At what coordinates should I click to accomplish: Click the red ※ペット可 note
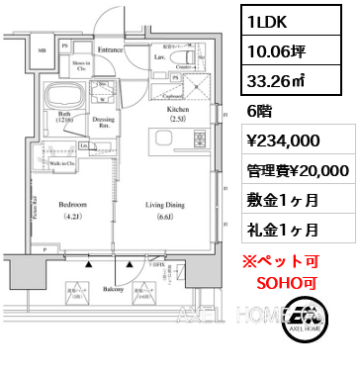pos(296,262)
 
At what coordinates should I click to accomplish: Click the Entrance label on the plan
pos(110,48)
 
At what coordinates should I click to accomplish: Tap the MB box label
pos(41,48)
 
